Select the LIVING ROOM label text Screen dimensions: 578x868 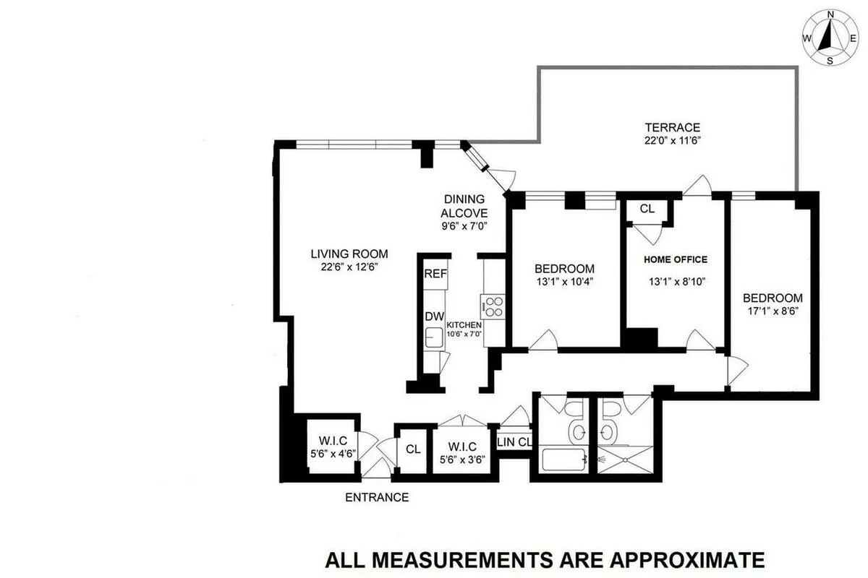pyautogui.click(x=349, y=254)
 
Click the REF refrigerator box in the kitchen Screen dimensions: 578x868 pyautogui.click(x=435, y=274)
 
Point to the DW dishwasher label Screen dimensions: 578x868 pyautogui.click(x=434, y=316)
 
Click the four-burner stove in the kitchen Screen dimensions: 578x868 pyautogui.click(x=493, y=306)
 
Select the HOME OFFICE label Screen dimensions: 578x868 pyautogui.click(x=676, y=259)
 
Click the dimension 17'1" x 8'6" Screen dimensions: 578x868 pyautogui.click(x=773, y=312)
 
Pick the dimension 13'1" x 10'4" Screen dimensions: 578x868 pyautogui.click(x=566, y=282)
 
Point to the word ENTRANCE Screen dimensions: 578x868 pyautogui.click(x=377, y=497)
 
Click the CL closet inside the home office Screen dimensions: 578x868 pyautogui.click(x=647, y=209)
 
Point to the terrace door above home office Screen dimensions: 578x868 pyautogui.click(x=697, y=186)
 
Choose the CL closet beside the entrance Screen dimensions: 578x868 pyautogui.click(x=413, y=449)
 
